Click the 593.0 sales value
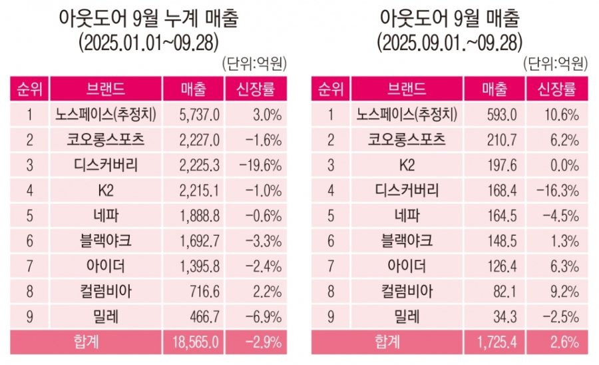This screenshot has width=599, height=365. [x=501, y=115]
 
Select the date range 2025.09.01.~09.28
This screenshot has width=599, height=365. [x=450, y=43]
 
